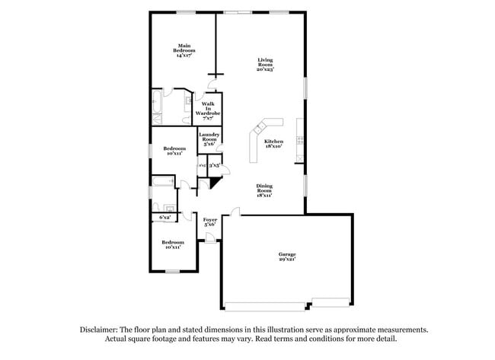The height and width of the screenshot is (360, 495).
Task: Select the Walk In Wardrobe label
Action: pyautogui.click(x=207, y=110)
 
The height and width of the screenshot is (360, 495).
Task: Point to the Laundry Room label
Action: pyautogui.click(x=209, y=137)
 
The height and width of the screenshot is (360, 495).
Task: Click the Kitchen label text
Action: pyautogui.click(x=273, y=142)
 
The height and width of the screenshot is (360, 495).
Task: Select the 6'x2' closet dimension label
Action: pyautogui.click(x=164, y=218)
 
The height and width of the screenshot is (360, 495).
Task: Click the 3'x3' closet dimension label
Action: pyautogui.click(x=215, y=164)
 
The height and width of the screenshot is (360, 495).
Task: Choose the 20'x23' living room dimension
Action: pyautogui.click(x=264, y=69)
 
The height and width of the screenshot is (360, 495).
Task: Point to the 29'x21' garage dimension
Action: pyautogui.click(x=286, y=260)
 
